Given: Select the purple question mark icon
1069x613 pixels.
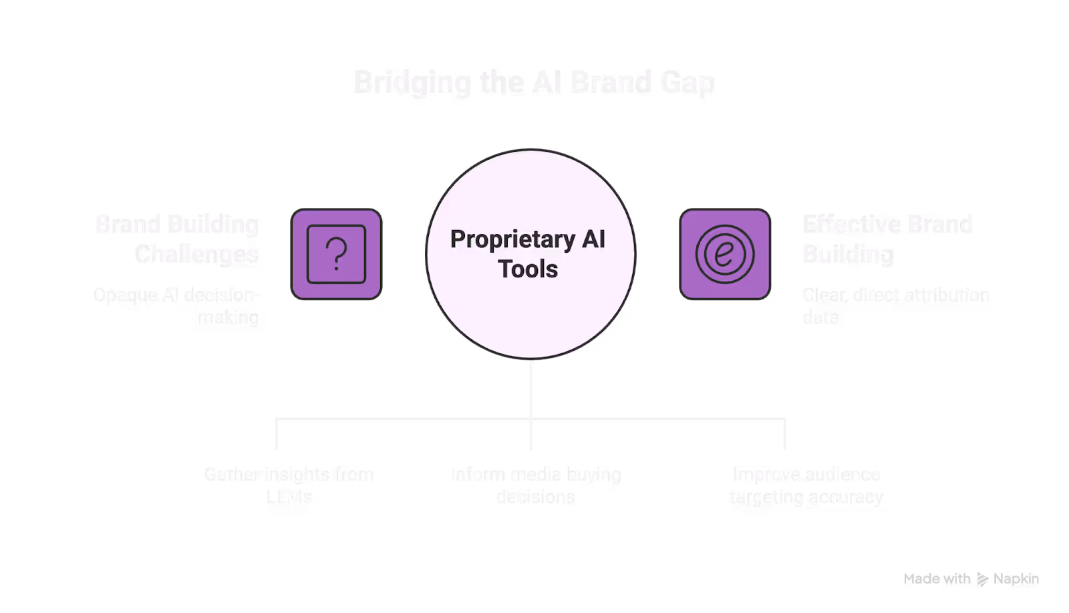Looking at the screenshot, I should (x=336, y=255).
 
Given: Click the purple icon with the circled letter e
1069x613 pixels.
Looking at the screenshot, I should (x=725, y=255).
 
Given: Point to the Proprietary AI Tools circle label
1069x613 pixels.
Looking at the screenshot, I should (x=528, y=254).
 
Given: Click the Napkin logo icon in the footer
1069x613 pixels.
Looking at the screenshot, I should (x=982, y=580).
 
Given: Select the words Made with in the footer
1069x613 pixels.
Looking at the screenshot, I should (x=937, y=580).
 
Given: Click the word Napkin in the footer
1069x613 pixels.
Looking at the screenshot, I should (x=1016, y=580).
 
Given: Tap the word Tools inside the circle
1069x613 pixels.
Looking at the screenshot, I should (x=528, y=269).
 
